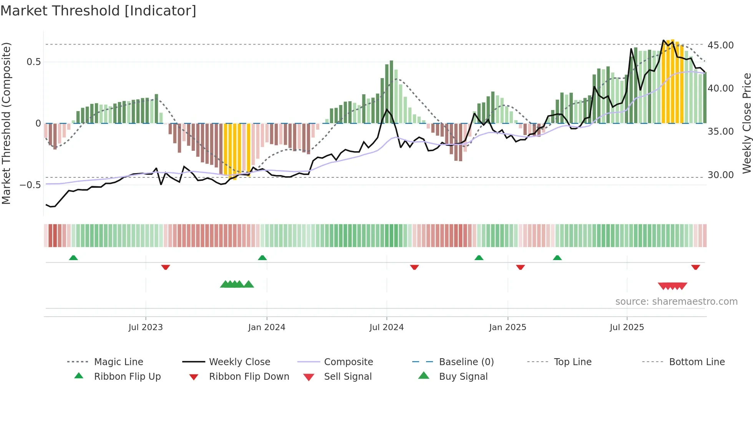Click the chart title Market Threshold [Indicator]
point(98,11)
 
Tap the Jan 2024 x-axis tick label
point(267,327)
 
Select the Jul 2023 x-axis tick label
point(146,327)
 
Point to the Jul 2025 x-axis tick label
point(627,327)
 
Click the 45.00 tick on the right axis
point(720,45)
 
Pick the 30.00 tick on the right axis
point(720,175)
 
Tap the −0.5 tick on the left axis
point(30,185)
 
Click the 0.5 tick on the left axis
point(33,62)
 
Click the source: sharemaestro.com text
point(676,302)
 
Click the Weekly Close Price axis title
point(746,123)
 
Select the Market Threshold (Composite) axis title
point(6,123)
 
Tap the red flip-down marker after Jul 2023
point(166,267)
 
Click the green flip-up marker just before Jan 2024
point(262,258)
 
